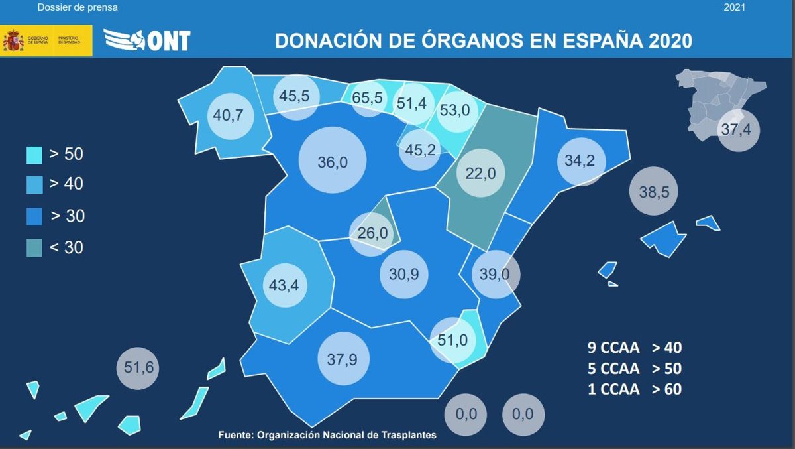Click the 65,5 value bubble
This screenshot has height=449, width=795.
[368, 98]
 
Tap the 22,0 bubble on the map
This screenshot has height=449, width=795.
[481, 174]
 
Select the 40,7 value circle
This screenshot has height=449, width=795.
[229, 115]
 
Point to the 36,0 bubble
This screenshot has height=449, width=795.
[333, 162]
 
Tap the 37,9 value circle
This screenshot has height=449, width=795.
[343, 359]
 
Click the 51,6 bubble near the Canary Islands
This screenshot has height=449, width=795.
[138, 367]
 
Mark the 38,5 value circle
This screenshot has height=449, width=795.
[655, 192]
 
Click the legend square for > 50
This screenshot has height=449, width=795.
[34, 155]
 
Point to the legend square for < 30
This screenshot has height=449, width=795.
[34, 248]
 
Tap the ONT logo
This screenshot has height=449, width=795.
[147, 40]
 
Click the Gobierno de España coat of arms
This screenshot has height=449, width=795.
[13, 40]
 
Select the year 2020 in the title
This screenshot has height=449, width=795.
[670, 40]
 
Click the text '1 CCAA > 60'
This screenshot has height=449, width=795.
[635, 389]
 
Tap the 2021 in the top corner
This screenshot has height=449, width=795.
[735, 8]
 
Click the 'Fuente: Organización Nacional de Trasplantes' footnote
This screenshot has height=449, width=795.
[327, 435]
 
